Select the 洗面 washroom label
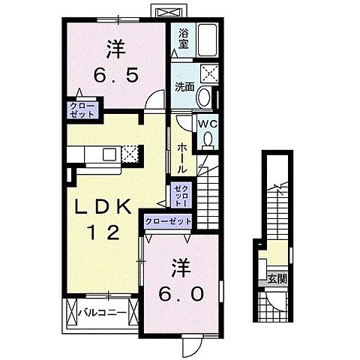(184, 85)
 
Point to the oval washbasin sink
(205, 98)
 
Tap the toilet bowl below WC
(206, 139)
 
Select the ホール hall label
(182, 159)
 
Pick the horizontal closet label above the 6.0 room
(168, 221)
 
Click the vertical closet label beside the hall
(179, 196)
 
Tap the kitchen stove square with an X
(130, 154)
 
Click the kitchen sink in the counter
(108, 154)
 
